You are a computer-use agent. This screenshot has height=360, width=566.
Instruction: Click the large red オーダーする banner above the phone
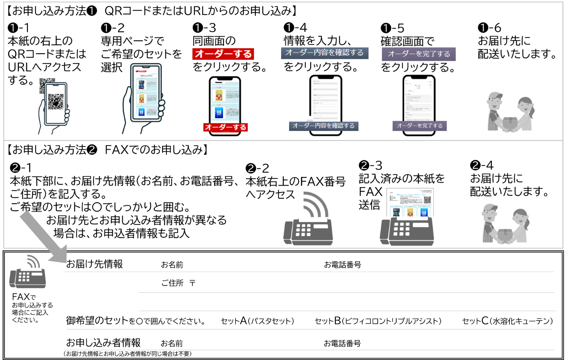click(x=223, y=54)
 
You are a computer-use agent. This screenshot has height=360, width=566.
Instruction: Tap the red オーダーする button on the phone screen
click(x=225, y=128)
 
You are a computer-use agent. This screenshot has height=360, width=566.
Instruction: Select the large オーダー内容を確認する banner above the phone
click(x=325, y=53)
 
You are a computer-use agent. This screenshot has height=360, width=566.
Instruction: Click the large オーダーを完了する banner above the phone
click(x=419, y=54)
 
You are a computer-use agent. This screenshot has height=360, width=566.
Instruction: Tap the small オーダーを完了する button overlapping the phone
click(x=419, y=126)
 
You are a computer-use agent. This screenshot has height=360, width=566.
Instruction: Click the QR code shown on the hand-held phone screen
click(x=55, y=102)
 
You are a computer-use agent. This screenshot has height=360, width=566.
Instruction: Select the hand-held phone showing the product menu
click(x=146, y=93)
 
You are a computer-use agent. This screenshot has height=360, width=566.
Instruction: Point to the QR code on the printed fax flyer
click(x=427, y=200)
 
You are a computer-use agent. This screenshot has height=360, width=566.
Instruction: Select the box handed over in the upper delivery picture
click(x=510, y=123)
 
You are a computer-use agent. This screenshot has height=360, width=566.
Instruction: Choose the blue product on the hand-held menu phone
click(x=141, y=112)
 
